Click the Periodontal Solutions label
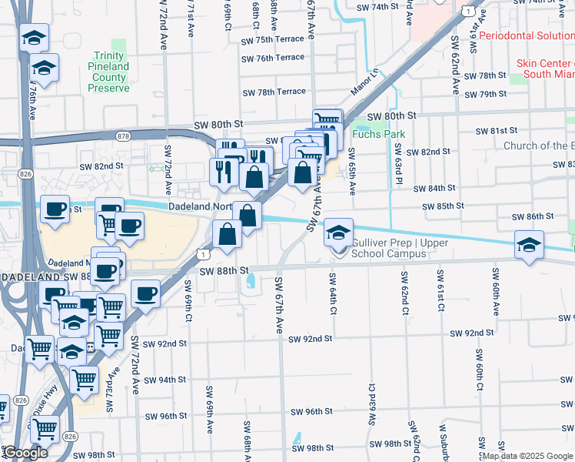526,36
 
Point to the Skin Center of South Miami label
545,69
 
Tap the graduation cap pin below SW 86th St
529,244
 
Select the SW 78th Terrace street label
274,92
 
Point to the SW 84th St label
434,188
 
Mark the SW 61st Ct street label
440,291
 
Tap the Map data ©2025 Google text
527,457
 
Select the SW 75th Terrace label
273,40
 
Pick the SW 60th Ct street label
478,368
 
